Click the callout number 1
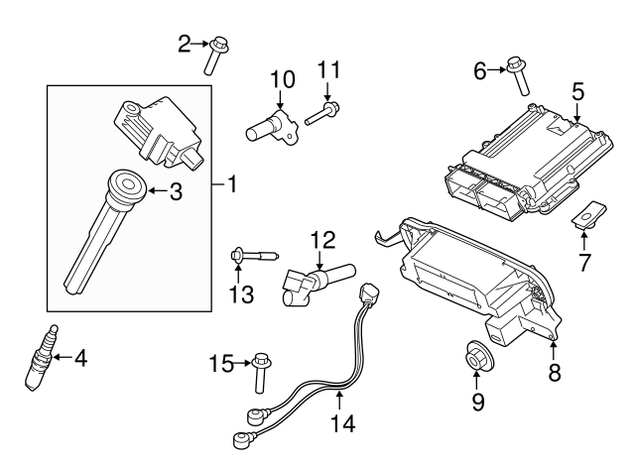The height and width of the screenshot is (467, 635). pos(231,183)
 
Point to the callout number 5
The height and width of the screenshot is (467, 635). pos(577,91)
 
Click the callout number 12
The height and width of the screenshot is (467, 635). pos(323,240)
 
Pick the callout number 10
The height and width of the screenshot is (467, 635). pos(282,78)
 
